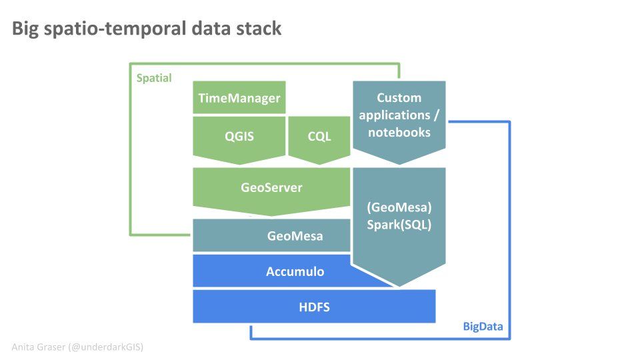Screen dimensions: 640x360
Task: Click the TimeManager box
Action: click(239, 97)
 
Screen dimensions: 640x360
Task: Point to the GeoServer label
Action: click(271, 187)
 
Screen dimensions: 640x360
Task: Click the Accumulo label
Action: click(295, 271)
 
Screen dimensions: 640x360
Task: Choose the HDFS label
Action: click(314, 307)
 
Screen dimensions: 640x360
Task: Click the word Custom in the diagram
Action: click(399, 97)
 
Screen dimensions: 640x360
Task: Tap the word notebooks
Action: click(399, 132)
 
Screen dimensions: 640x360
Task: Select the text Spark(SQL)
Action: click(399, 225)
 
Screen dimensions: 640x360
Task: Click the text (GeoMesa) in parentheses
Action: click(399, 207)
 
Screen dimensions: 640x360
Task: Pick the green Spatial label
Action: click(154, 78)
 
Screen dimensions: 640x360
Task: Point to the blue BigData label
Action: click(483, 327)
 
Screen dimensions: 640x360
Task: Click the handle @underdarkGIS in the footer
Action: click(107, 347)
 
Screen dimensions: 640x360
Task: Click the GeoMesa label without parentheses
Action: click(295, 235)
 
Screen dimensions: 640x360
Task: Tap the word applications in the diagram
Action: click(395, 115)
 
